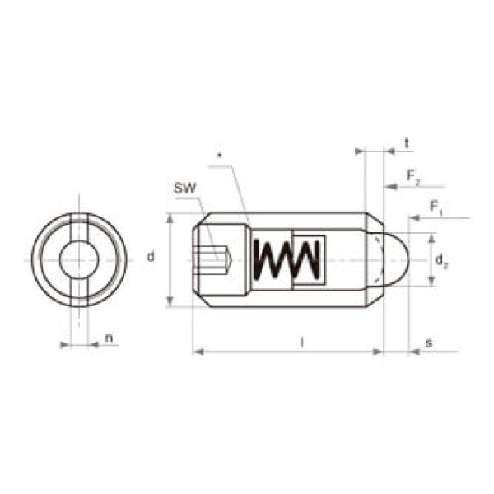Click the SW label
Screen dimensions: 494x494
click(185, 189)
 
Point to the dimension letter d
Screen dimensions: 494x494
click(151, 257)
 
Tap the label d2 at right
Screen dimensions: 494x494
click(441, 261)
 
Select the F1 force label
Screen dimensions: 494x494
click(436, 208)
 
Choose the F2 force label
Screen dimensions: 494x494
click(413, 176)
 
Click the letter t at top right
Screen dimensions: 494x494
click(407, 144)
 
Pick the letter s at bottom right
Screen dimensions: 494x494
click(429, 343)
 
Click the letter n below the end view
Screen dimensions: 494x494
click(109, 338)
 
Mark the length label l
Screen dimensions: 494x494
click(302, 342)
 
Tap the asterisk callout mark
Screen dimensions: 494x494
click(220, 155)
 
